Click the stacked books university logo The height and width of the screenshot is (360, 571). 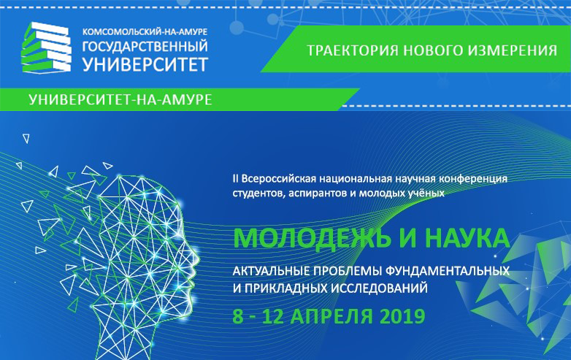(x=46, y=47)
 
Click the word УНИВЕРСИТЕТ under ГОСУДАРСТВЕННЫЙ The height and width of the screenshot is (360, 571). (x=145, y=64)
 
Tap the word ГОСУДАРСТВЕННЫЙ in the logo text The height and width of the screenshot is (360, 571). (x=145, y=47)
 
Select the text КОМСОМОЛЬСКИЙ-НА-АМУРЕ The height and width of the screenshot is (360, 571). (x=145, y=31)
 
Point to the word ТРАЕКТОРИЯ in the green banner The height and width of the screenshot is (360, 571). (x=353, y=50)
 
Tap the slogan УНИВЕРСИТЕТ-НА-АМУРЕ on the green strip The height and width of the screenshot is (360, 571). (x=120, y=99)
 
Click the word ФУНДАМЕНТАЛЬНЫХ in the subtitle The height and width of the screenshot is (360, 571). (x=446, y=271)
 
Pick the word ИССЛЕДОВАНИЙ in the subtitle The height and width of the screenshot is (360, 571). (x=379, y=288)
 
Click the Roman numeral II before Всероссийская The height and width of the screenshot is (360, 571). (x=236, y=179)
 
